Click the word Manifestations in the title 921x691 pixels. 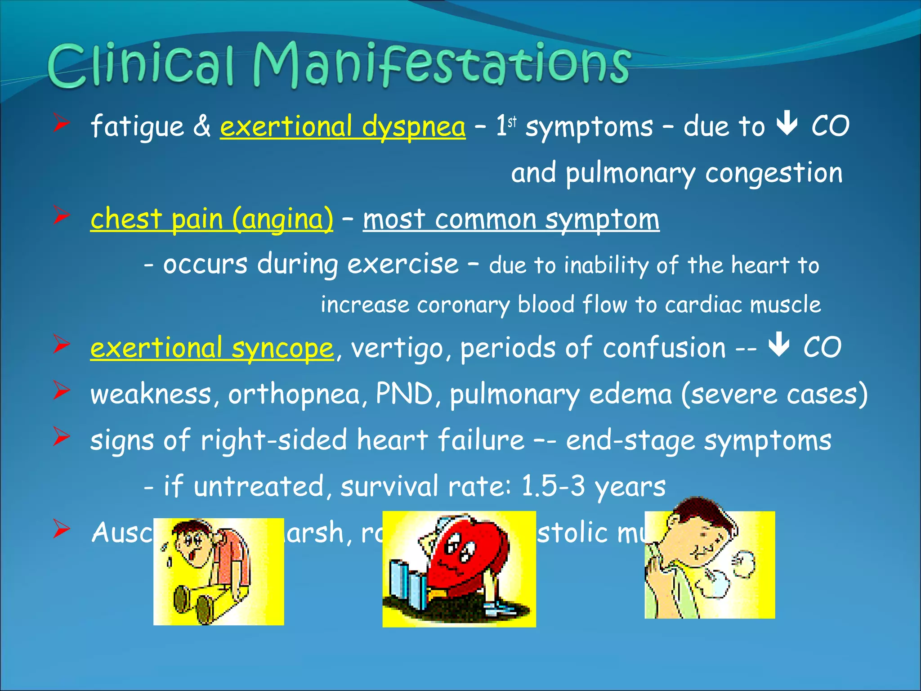coord(441,65)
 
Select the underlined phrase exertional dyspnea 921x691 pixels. coord(342,126)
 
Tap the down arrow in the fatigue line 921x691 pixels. coord(787,125)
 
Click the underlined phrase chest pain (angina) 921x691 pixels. coord(211,219)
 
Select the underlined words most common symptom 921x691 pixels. coord(511,219)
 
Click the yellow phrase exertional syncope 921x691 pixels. coord(211,348)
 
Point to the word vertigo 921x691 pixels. coord(397,348)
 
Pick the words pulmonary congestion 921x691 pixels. coord(704,173)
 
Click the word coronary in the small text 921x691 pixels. coord(463,305)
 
